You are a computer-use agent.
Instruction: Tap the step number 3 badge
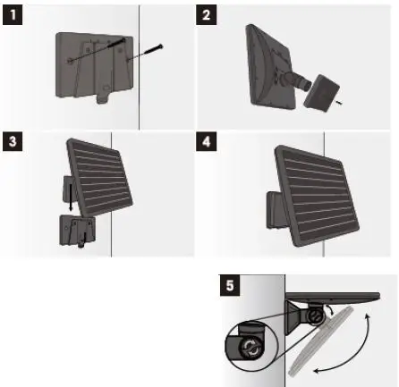point(12,141)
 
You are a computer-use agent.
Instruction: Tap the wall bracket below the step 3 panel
point(75,228)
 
